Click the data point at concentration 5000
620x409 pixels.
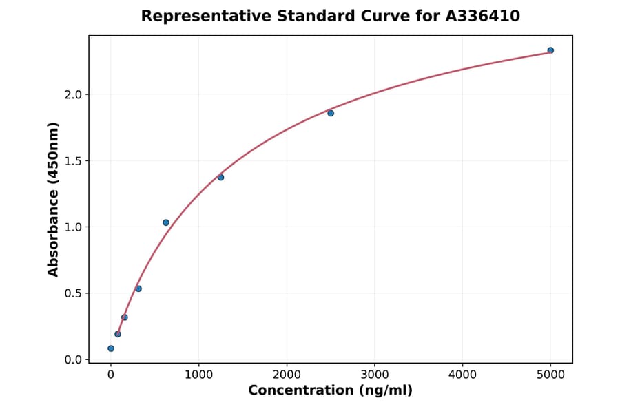pyautogui.click(x=550, y=50)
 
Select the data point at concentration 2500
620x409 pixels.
pyautogui.click(x=331, y=113)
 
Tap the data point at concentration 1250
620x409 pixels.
pyautogui.click(x=220, y=178)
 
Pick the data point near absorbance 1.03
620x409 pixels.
pyautogui.click(x=166, y=222)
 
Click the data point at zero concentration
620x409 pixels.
pyautogui.click(x=111, y=348)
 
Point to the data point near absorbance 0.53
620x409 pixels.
pyautogui.click(x=138, y=289)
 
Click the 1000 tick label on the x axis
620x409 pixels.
pyautogui.click(x=198, y=375)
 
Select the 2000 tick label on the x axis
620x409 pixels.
pyautogui.click(x=287, y=375)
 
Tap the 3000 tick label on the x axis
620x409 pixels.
pyautogui.click(x=374, y=375)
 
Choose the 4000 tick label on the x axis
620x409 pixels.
pyautogui.click(x=462, y=375)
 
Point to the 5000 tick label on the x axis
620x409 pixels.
pyautogui.click(x=550, y=375)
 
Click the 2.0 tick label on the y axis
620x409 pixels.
pyautogui.click(x=73, y=94)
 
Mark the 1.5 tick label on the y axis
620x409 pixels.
pyautogui.click(x=73, y=161)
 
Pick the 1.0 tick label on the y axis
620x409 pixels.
pyautogui.click(x=73, y=227)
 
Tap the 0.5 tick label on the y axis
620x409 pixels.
pyautogui.click(x=73, y=293)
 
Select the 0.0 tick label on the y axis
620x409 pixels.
pyautogui.click(x=73, y=359)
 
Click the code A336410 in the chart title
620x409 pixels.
pyautogui.click(x=482, y=16)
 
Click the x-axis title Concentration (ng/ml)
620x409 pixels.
pyautogui.click(x=330, y=391)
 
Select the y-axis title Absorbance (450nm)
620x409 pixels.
pyautogui.click(x=54, y=199)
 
